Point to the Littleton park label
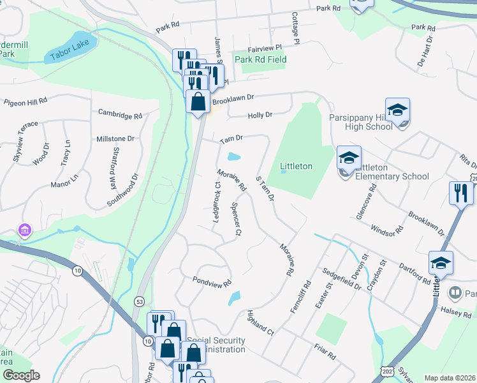(x=297, y=166)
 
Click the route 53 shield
(x=138, y=301)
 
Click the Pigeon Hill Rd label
(x=26, y=101)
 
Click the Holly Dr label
(x=260, y=115)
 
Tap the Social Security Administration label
(x=216, y=345)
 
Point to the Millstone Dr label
(x=115, y=138)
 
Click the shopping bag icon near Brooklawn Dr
(x=198, y=101)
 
